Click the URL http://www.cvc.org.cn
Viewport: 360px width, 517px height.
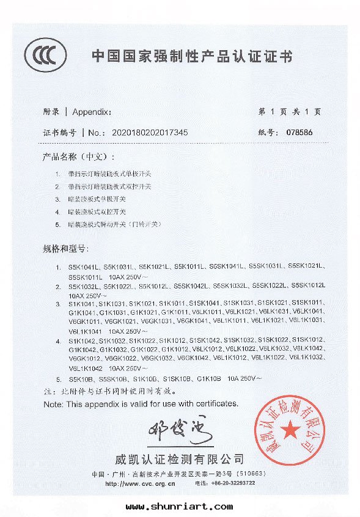tap(141, 483)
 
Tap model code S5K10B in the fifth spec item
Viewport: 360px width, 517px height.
tap(80, 379)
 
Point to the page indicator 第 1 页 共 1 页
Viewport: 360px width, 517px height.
tap(290, 112)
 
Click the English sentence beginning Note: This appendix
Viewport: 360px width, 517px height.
tap(141, 404)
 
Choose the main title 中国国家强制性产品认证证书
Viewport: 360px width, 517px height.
tap(192, 57)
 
